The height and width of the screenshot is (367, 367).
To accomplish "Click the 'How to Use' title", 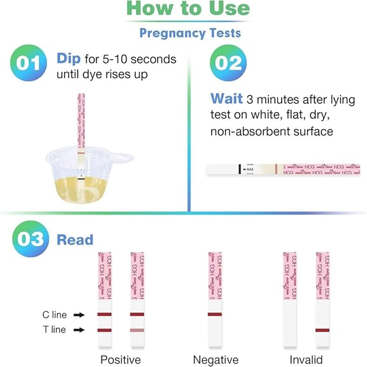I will point(189,9).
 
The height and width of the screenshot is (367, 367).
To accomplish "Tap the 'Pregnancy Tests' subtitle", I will point(190,33).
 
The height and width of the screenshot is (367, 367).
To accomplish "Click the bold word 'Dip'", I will point(69,58).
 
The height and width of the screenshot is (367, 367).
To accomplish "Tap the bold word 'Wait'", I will point(226,99).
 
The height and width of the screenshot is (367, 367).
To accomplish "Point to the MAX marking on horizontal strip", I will point(250,169).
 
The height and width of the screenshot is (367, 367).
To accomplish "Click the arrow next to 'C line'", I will point(79,314).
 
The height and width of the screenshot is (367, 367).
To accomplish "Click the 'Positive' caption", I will point(121,360).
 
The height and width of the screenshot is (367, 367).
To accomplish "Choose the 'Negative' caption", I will point(216,360).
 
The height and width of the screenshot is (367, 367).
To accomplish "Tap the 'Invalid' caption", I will point(305,360).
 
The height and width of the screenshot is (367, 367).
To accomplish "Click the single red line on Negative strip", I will point(215,314).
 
